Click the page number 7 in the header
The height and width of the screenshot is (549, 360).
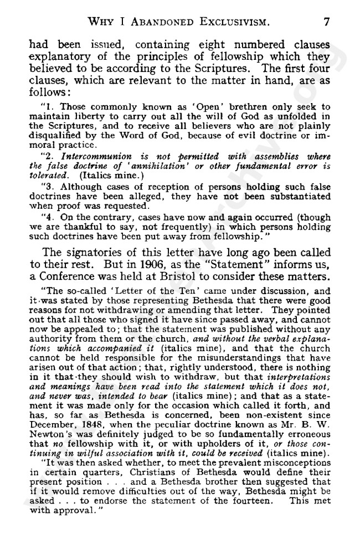[327, 22]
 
